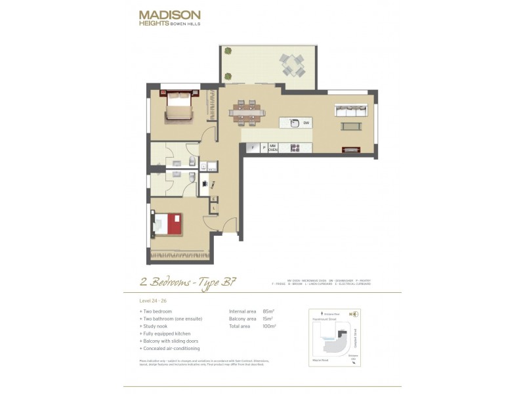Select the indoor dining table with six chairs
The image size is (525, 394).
245,112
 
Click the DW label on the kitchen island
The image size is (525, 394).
306,123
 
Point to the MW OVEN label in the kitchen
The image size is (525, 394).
273,148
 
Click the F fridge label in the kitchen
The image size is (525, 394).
252,148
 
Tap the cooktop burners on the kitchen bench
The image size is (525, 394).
295,148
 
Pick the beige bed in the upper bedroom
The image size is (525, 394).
178,107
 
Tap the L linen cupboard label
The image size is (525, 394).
214,208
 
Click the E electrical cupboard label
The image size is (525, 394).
214,198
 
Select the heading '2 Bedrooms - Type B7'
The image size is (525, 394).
188,283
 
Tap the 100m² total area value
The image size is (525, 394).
269,326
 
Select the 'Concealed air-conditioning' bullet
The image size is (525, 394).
171,349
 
